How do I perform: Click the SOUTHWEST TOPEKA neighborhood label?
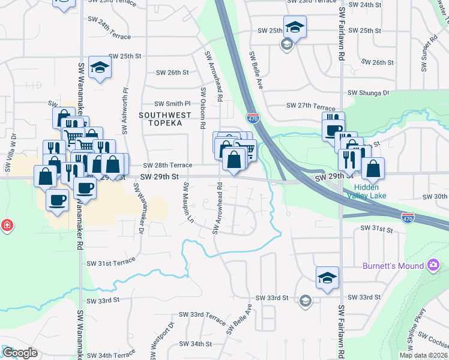(x=165, y=119)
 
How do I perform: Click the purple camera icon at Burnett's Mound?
(x=433, y=265)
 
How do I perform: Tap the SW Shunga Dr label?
(x=369, y=93)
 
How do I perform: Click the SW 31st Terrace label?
(x=111, y=263)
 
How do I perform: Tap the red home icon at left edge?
(x=6, y=226)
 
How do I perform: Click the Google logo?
(x=19, y=353)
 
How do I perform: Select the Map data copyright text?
(x=423, y=355)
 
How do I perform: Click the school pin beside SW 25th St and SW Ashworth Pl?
(x=100, y=68)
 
